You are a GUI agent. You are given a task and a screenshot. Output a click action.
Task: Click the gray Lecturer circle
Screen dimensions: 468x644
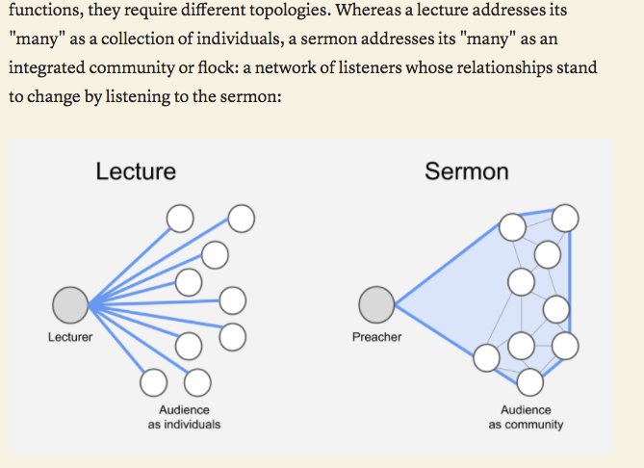click(69, 305)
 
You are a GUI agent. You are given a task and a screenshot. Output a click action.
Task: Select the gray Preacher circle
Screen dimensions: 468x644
click(376, 305)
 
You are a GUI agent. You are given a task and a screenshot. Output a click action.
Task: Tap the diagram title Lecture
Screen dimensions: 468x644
click(136, 171)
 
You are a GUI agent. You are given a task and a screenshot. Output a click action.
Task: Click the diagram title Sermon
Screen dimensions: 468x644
click(466, 171)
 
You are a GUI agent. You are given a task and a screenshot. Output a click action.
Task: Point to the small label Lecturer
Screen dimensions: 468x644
click(70, 338)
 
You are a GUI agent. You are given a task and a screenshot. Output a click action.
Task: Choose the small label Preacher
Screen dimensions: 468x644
click(376, 338)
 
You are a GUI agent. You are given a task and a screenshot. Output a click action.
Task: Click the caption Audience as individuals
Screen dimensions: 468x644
click(184, 417)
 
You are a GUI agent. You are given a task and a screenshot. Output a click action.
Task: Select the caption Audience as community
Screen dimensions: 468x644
click(526, 417)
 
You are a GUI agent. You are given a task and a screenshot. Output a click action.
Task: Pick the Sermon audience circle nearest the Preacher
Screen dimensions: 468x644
click(486, 358)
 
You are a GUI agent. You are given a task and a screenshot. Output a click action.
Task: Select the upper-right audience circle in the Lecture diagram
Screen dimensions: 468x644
click(241, 219)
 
